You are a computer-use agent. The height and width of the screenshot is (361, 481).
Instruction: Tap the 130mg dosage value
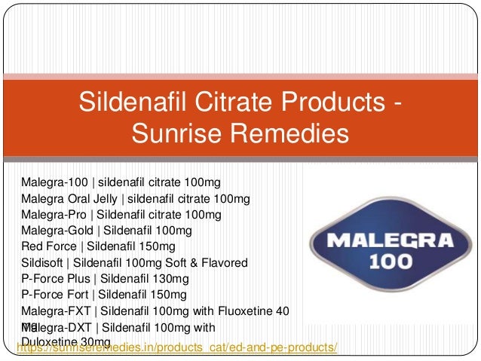[x=183, y=279]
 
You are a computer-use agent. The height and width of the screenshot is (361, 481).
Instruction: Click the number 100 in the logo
[x=391, y=263]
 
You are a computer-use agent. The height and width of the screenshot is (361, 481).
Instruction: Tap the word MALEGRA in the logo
[x=391, y=242]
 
